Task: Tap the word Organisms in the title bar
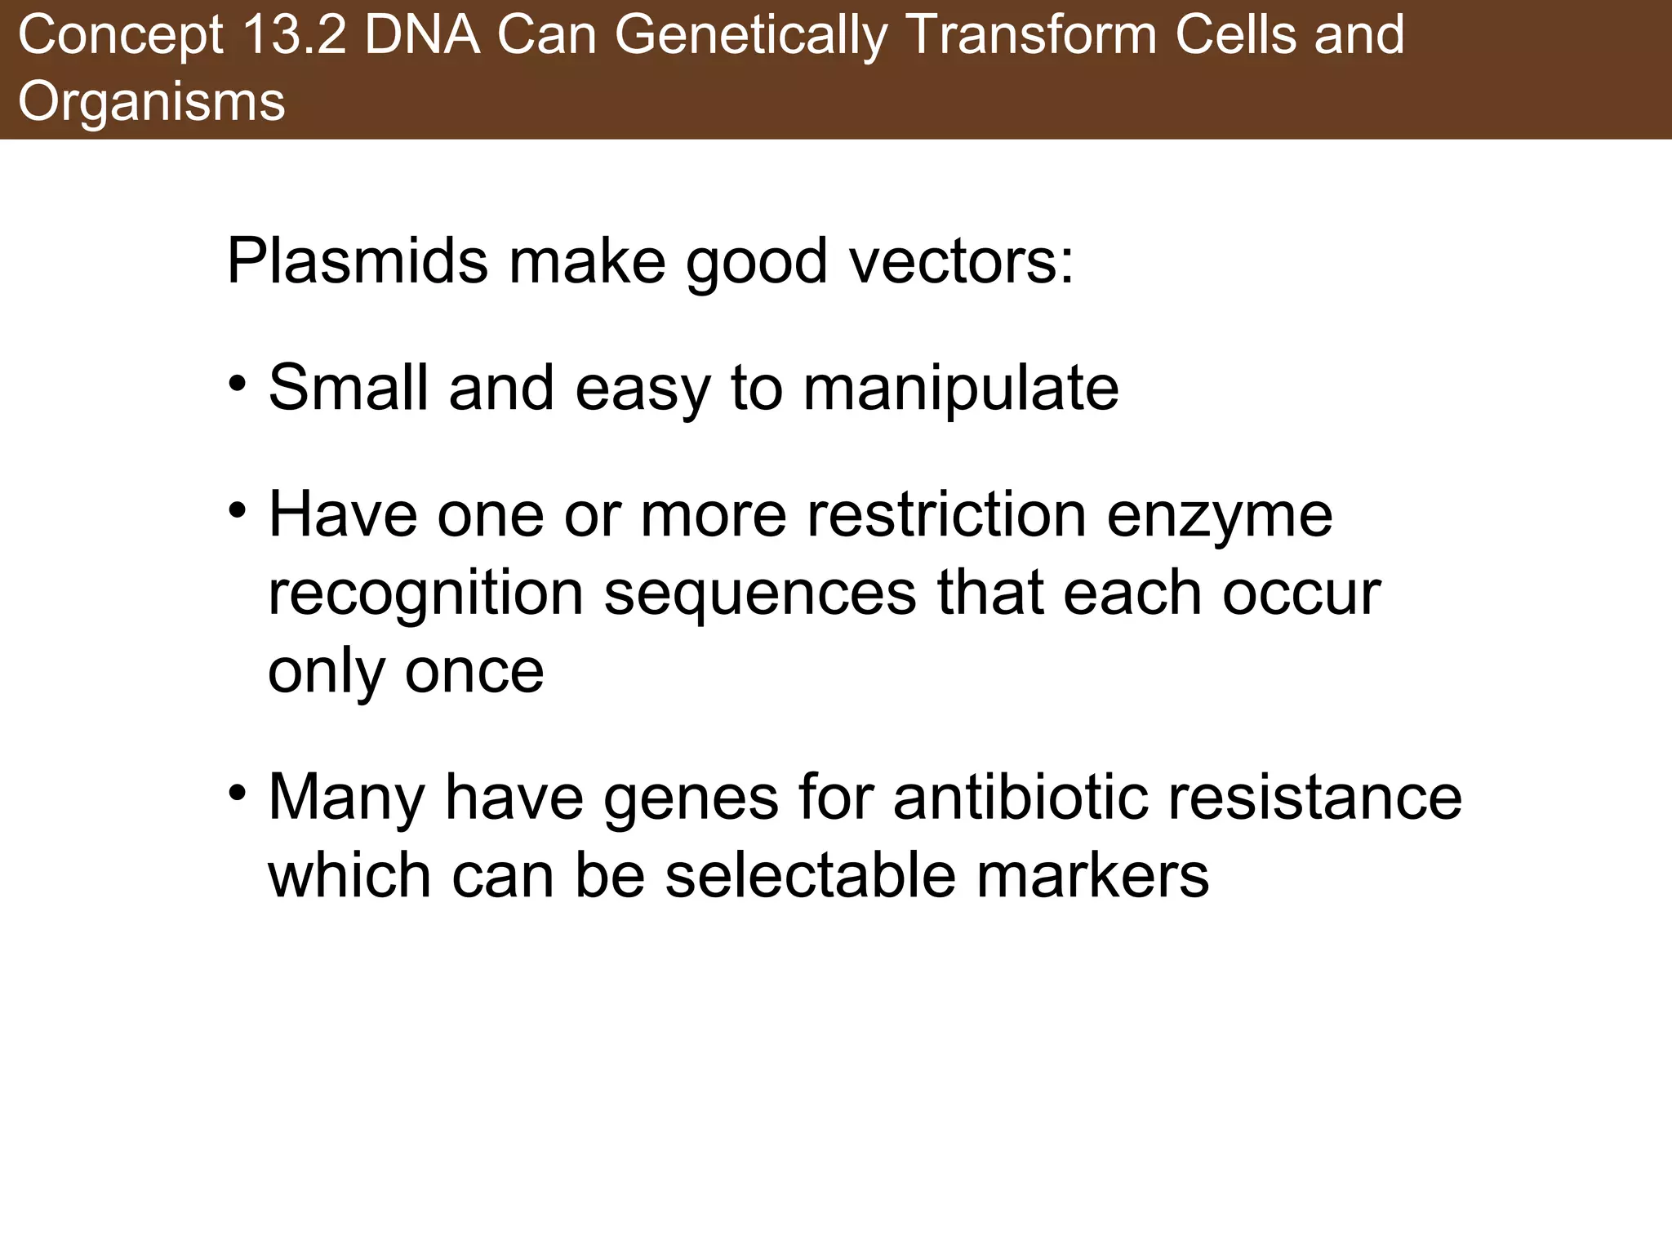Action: click(x=152, y=103)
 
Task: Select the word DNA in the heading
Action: click(x=421, y=37)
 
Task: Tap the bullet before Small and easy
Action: click(x=238, y=382)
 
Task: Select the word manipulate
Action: click(x=961, y=389)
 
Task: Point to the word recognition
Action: click(x=425, y=594)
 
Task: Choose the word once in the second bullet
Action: click(x=474, y=671)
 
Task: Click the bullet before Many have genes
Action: click(x=238, y=792)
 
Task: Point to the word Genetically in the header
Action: click(x=749, y=37)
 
